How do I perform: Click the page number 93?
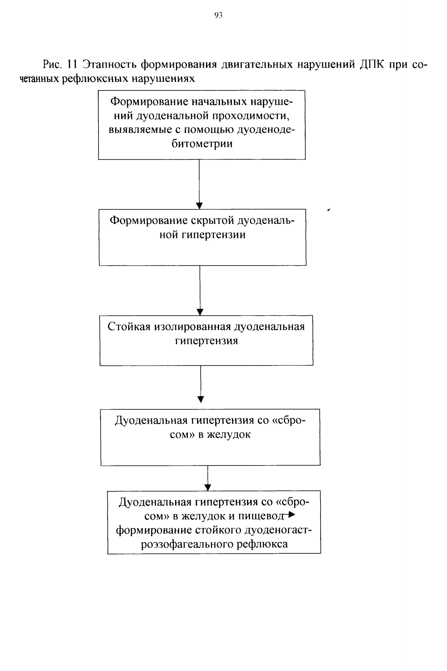click(218, 15)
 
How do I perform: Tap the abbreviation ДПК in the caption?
click(372, 65)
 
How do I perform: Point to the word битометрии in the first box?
click(202, 143)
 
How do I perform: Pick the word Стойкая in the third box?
click(129, 326)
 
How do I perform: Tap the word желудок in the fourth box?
click(229, 434)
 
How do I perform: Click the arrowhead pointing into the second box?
click(200, 206)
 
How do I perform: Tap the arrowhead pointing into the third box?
click(200, 312)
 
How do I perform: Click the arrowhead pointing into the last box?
click(208, 487)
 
